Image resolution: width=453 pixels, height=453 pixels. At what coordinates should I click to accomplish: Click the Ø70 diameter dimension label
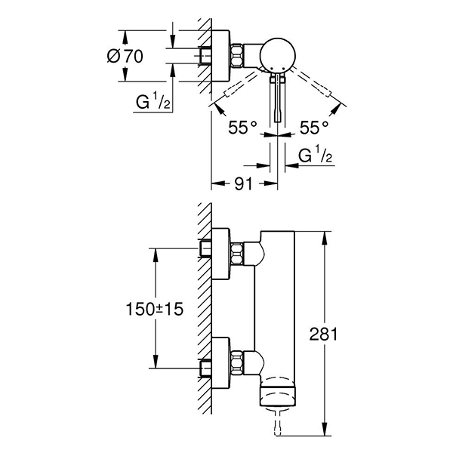coord(143,56)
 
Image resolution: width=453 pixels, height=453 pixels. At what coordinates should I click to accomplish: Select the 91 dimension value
coord(241,182)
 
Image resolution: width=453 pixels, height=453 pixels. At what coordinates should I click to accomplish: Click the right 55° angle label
coord(314,128)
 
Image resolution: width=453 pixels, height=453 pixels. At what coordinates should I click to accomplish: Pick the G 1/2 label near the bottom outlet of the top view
coord(316,156)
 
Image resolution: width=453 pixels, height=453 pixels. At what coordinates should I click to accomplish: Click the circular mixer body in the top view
coord(275,57)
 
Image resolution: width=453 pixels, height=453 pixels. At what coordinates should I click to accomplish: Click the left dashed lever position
coord(242,88)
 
